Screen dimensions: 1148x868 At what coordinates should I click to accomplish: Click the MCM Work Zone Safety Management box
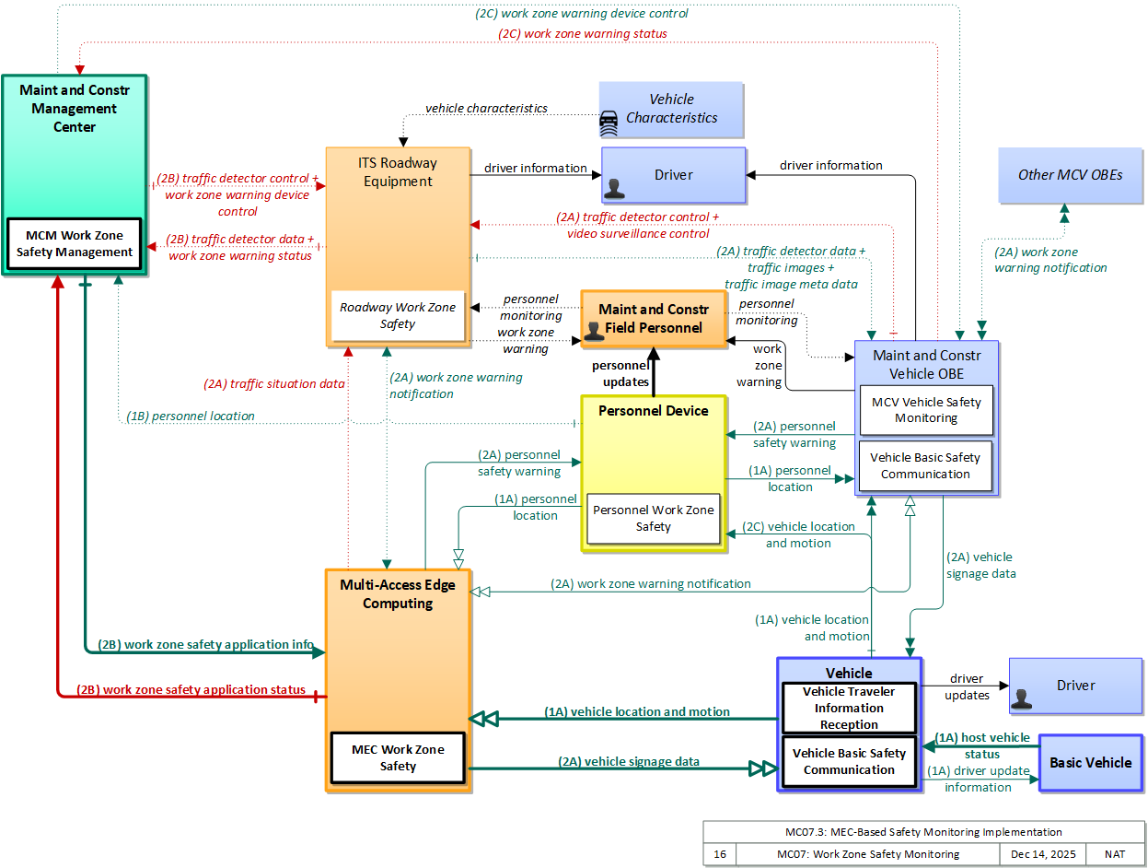tap(75, 243)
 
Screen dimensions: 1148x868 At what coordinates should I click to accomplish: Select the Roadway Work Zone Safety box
tap(398, 315)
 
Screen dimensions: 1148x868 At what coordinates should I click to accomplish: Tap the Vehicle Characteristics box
tap(671, 110)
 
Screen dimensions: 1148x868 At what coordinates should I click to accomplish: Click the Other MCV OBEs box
tap(1070, 175)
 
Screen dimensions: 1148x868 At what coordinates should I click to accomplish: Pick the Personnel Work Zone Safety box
tap(653, 518)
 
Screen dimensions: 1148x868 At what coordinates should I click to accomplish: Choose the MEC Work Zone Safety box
tap(398, 757)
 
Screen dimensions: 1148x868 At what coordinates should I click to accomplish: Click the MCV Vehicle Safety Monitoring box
tap(926, 410)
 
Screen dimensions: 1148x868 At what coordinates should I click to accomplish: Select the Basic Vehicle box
tap(1091, 762)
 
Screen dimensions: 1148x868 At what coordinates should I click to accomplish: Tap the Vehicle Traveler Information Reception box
tap(848, 708)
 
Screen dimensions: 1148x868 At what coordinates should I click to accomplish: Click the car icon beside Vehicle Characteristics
tap(609, 123)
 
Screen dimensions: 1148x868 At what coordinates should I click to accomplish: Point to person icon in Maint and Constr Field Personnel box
tap(594, 332)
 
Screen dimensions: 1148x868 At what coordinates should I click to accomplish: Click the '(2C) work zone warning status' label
tap(582, 33)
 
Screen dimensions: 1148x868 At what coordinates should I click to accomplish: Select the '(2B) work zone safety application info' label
tap(205, 644)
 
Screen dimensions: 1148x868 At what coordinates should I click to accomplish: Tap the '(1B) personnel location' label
tap(191, 416)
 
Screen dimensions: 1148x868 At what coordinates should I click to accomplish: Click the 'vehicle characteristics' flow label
tap(486, 109)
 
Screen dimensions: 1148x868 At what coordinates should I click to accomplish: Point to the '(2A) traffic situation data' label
tap(274, 383)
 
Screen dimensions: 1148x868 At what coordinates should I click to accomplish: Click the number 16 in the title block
tap(720, 854)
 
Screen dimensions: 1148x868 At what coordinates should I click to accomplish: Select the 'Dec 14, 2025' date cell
tap(1042, 854)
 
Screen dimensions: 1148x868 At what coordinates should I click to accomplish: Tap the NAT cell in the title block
tap(1115, 854)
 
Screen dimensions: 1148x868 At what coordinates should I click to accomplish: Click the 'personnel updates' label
tap(620, 373)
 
